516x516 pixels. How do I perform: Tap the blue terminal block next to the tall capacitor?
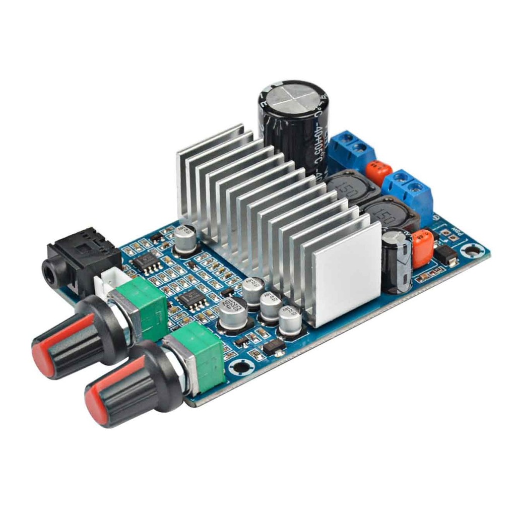point(352,150)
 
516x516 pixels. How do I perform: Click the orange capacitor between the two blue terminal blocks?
point(379,173)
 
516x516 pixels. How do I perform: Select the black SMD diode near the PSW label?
point(445,256)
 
